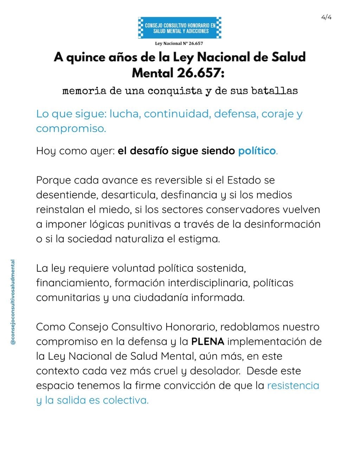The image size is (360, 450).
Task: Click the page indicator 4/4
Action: coord(326,17)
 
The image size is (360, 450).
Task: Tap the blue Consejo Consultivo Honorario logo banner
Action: coord(180,28)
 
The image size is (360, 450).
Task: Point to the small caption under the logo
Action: coord(179,44)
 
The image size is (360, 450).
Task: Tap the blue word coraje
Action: coord(277,114)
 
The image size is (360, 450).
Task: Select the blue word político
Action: coord(257,151)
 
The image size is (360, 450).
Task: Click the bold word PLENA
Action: coord(207,341)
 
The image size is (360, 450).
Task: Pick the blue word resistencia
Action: coord(293,386)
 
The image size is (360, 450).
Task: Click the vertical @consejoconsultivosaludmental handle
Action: coord(13,302)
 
